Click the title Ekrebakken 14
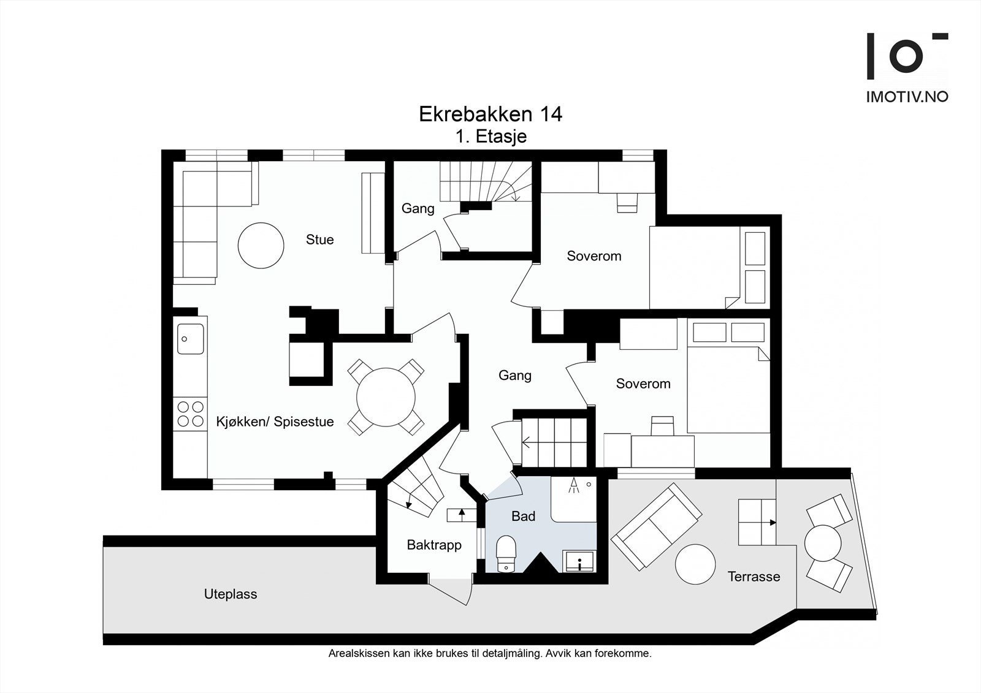click(x=490, y=114)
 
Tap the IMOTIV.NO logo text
click(x=907, y=96)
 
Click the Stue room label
click(x=319, y=240)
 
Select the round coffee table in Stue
click(x=261, y=244)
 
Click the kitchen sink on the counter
click(x=191, y=339)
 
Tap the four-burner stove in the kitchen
click(x=190, y=414)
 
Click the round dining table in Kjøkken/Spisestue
click(x=386, y=397)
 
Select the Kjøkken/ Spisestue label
click(x=275, y=422)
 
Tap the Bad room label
click(x=523, y=517)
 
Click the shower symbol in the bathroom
click(x=574, y=486)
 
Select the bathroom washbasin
click(x=579, y=561)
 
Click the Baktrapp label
click(x=434, y=545)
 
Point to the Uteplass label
click(x=231, y=594)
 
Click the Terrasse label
click(x=754, y=577)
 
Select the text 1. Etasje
click(x=490, y=136)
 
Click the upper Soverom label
click(x=594, y=256)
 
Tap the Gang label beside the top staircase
click(x=418, y=208)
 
